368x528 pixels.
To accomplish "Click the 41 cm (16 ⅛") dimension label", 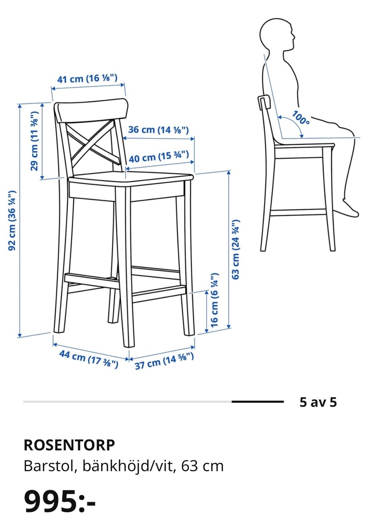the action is click(87, 78).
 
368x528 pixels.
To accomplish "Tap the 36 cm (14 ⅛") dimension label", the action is click(158, 130).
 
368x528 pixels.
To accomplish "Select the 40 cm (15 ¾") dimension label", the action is click(159, 157).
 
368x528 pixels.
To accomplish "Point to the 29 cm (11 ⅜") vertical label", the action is click(34, 141).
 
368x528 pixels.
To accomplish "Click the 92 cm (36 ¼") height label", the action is click(12, 221).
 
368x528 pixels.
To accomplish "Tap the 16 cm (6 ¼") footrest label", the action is click(214, 300).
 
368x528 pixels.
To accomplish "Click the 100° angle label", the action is click(301, 118).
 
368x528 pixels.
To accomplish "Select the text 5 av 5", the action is click(318, 402).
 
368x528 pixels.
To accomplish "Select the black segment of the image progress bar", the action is click(257, 402).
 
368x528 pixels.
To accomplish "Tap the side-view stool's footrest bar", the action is click(298, 213).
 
